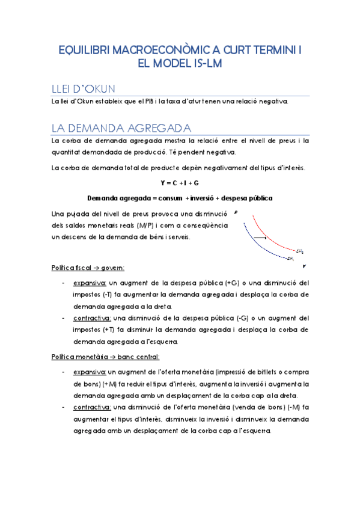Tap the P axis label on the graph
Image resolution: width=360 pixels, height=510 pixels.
236,212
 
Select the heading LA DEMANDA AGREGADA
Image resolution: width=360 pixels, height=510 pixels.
122,128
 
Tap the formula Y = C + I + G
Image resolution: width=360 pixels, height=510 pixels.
180,182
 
